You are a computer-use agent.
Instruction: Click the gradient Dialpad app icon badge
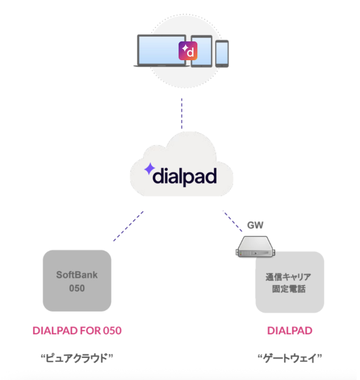(x=188, y=51)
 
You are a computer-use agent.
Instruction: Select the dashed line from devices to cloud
(x=181, y=113)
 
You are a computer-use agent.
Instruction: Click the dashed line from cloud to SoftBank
(x=128, y=226)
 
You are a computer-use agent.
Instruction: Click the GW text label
(x=256, y=225)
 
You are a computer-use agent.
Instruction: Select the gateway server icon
(x=256, y=246)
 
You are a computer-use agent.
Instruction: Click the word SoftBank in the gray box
(x=77, y=275)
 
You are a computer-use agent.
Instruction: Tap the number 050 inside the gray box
(x=77, y=288)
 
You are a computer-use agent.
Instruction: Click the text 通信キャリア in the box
(x=289, y=277)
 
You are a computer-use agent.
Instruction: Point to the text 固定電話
(x=289, y=289)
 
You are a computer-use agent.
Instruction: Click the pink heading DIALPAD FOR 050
(x=77, y=331)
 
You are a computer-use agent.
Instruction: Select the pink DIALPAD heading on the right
(x=290, y=331)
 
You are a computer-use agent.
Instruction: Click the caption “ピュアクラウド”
(x=77, y=359)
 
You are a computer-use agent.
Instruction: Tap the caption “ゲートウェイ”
(x=290, y=359)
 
